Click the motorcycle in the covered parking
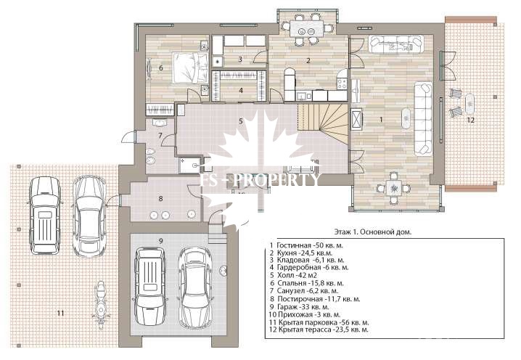[100, 305]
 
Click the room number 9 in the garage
[161, 241]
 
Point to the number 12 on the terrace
[470, 120]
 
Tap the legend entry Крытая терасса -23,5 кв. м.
[319, 330]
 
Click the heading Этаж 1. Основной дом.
[372, 232]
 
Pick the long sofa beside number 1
[423, 119]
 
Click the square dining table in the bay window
[394, 188]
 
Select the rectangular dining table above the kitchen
[306, 29]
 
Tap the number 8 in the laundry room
[161, 199]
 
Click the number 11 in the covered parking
[60, 313]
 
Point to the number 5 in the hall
[241, 121]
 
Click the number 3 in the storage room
[240, 60]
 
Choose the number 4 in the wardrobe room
[241, 90]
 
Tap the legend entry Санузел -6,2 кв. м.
[304, 291]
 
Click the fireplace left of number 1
[356, 119]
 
